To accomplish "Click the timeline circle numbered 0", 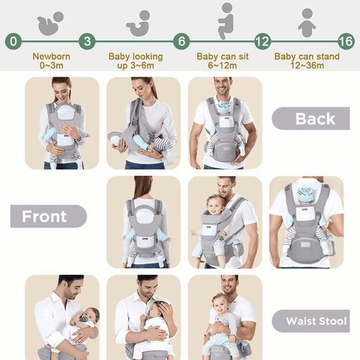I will [x=14, y=41].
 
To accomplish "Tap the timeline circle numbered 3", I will [x=87, y=41].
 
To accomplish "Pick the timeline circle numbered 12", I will [x=262, y=41].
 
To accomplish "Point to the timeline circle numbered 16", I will [x=346, y=41].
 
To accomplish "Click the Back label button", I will [x=311, y=119].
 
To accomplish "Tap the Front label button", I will [x=47, y=216].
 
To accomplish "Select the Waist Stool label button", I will [x=311, y=321].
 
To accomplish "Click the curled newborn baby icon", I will [x=50, y=21].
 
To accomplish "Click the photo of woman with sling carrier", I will [x=143, y=123].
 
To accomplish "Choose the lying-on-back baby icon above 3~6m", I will [x=137, y=21].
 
